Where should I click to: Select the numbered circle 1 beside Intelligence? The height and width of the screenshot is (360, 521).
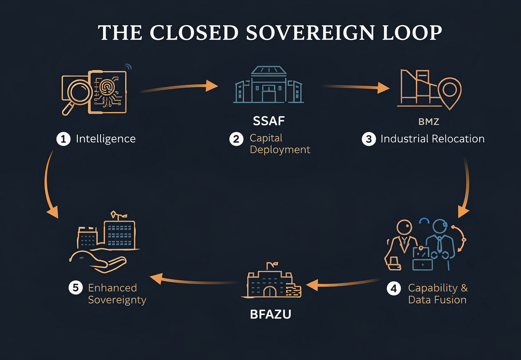63,139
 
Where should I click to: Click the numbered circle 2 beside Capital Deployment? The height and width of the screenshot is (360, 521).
236,139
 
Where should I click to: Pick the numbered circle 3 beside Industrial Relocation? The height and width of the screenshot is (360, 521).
369,139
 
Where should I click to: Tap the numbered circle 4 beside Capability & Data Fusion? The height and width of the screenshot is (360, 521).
394,288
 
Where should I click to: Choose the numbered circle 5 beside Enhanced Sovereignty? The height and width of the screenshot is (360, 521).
76,288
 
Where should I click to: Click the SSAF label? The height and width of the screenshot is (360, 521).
269,121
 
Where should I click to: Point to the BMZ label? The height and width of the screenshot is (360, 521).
429,122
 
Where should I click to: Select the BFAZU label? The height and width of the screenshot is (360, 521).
271,314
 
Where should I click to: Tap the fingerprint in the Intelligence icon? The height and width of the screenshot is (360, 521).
107,87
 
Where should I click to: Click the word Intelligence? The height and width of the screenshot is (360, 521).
106,139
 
